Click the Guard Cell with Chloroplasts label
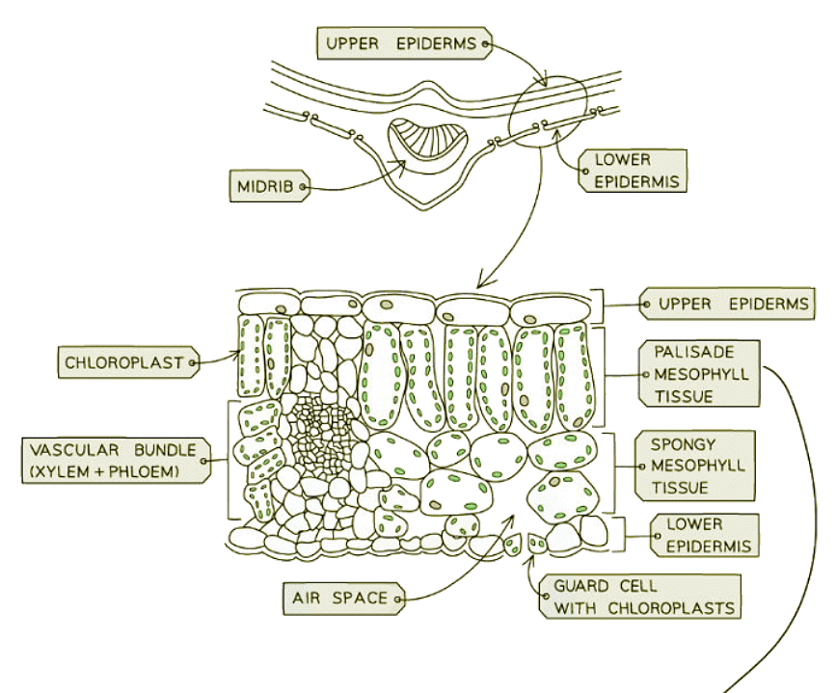pyautogui.click(x=642, y=597)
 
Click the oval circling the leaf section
pyautogui.click(x=549, y=115)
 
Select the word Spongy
pyautogui.click(x=684, y=445)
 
